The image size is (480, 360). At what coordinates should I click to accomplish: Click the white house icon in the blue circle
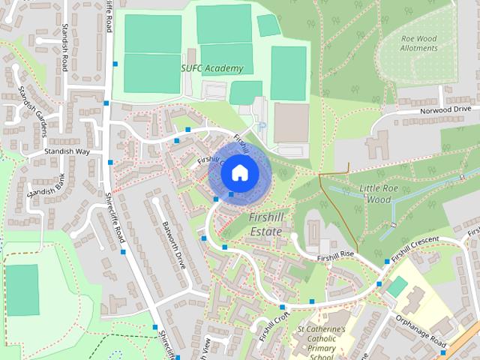(x=239, y=172)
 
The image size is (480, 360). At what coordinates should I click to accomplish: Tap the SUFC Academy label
(x=212, y=68)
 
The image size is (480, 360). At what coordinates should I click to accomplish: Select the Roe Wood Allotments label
(x=419, y=43)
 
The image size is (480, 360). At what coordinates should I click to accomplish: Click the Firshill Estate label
(x=265, y=224)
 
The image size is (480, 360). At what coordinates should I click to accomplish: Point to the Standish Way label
(x=67, y=151)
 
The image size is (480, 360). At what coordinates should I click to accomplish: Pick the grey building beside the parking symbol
(x=291, y=123)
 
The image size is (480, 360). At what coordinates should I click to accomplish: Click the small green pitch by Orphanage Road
(x=397, y=286)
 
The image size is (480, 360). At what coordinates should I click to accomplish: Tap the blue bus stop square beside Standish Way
(x=111, y=162)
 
